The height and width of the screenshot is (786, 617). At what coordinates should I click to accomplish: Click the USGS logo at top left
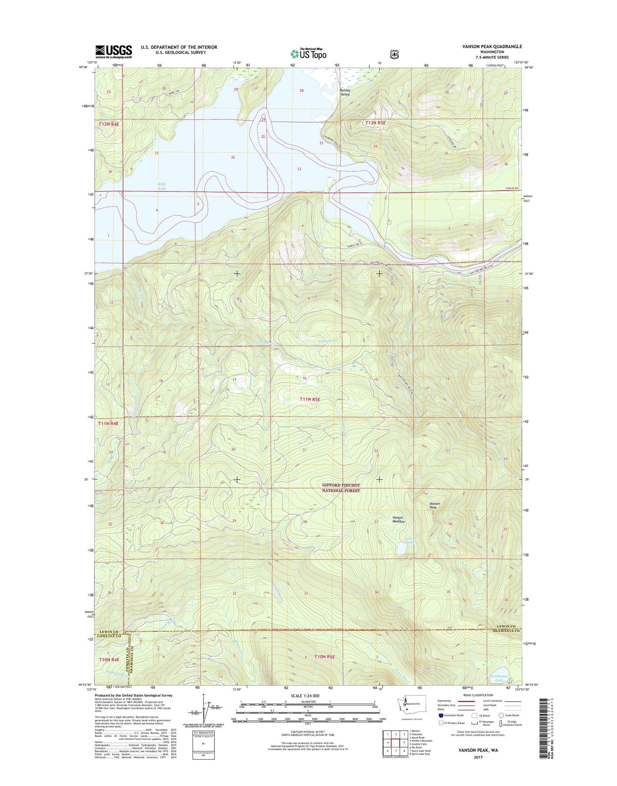[114, 52]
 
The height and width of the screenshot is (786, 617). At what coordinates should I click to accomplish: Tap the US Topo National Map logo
[308, 54]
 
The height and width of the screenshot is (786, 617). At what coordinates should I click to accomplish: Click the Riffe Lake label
[162, 186]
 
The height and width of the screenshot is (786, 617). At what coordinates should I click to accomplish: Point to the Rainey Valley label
[345, 92]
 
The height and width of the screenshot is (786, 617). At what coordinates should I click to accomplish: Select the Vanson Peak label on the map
[435, 505]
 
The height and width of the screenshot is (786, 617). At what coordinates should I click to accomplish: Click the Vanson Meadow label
[398, 519]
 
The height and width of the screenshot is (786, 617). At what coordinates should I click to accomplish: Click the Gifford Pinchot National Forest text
[341, 488]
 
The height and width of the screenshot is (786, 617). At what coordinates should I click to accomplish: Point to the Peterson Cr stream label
[328, 341]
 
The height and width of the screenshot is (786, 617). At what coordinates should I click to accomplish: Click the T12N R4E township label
[109, 124]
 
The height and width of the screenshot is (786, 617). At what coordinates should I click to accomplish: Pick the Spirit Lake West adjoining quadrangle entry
[421, 751]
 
